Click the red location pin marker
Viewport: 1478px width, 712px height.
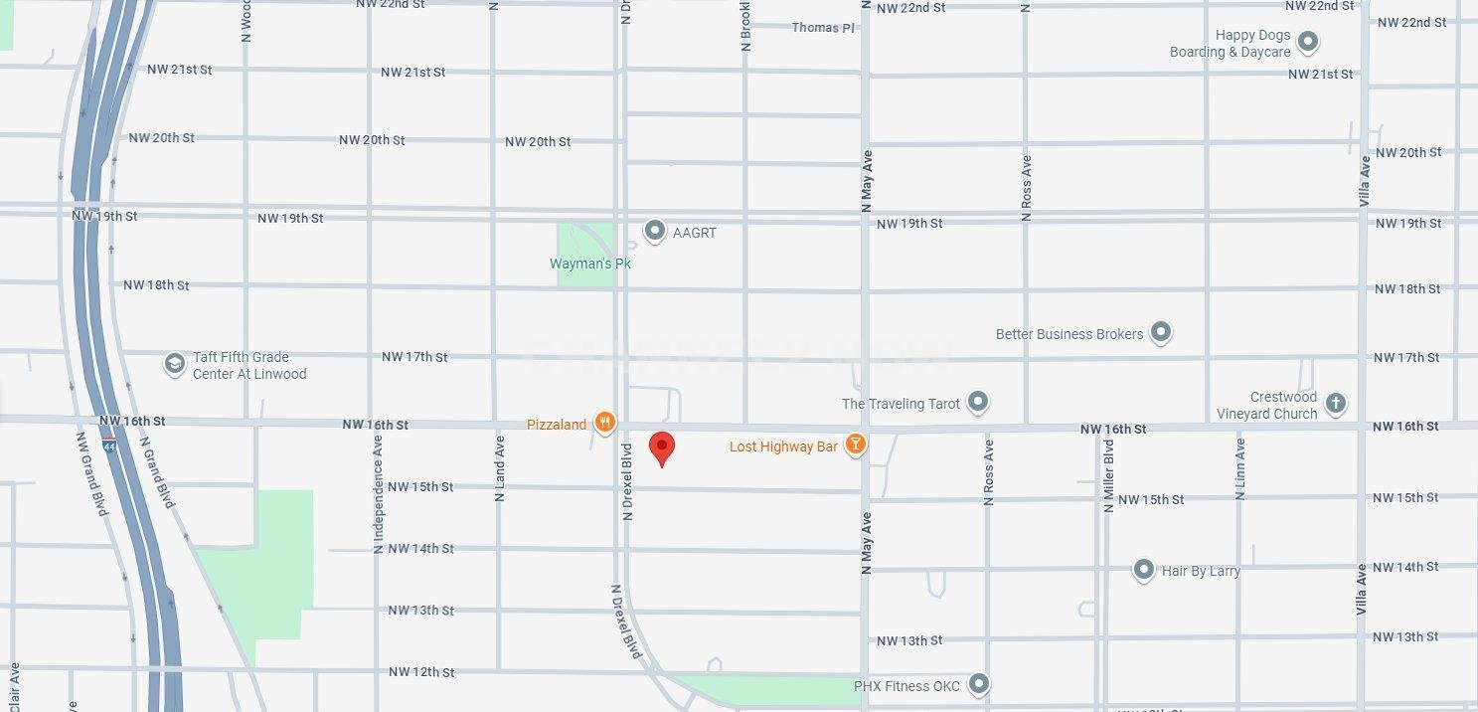coord(662,448)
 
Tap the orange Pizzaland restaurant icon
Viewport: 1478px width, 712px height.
coord(604,423)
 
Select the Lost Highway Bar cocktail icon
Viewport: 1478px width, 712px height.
coord(855,445)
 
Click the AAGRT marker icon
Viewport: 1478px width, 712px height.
coord(654,231)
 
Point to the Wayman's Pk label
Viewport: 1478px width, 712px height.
coord(590,264)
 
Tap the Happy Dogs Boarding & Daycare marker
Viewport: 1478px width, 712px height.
coord(1308,42)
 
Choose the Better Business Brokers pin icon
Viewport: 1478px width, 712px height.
coord(1160,332)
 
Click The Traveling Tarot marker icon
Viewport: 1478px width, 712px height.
coord(978,402)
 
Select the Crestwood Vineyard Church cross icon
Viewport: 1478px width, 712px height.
coord(1336,403)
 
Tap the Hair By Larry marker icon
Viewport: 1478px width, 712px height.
coord(1144,570)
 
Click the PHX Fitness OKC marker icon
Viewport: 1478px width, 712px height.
coord(979,684)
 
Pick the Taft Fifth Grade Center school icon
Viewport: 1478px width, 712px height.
coord(175,364)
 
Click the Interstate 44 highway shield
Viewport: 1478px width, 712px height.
coord(108,446)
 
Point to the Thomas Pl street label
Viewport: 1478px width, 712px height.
coord(823,27)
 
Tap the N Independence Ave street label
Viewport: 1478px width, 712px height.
coord(378,493)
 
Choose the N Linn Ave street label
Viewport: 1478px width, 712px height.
coord(1239,469)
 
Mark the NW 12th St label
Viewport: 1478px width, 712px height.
coord(421,672)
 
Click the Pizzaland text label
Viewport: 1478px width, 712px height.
coord(557,425)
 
